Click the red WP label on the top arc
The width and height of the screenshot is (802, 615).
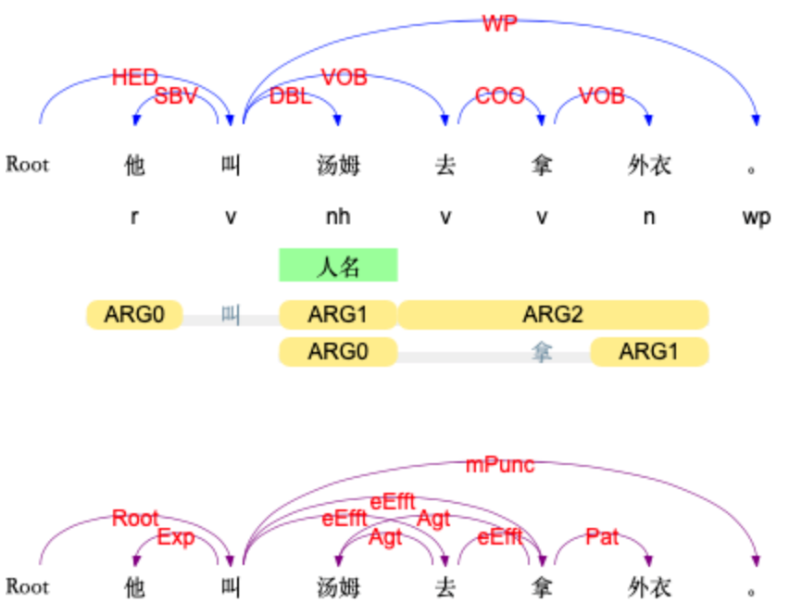tap(499, 24)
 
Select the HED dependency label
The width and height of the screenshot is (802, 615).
tap(135, 77)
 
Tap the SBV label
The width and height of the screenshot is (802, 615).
tap(176, 95)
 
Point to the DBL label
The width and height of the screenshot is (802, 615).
tap(290, 96)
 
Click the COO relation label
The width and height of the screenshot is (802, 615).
tap(500, 95)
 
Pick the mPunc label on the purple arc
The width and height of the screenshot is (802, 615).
tap(500, 465)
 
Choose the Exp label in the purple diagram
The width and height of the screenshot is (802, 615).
tap(176, 537)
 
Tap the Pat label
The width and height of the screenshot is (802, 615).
tap(602, 536)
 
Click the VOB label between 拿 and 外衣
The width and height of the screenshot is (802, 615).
tap(602, 95)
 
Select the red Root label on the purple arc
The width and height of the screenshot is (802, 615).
tap(135, 518)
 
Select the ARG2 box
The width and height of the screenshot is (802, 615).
tap(553, 315)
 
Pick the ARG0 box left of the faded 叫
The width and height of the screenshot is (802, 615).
tap(134, 315)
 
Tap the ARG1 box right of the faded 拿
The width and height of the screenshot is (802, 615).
tap(649, 351)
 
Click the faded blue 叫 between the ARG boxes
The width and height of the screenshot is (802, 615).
tap(231, 315)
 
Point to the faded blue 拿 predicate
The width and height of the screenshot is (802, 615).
tap(541, 351)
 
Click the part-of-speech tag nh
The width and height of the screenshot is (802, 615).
tap(338, 218)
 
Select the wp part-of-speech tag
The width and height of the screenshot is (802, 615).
tap(757, 218)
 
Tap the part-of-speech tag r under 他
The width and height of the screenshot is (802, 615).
tap(135, 218)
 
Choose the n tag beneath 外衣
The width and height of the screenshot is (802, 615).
tap(648, 218)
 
